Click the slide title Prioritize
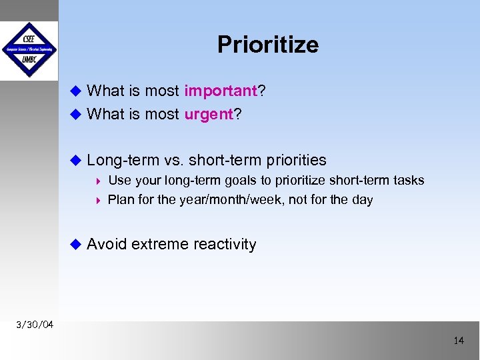tap(268, 45)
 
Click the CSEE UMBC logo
tap(29, 51)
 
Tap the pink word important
tap(221, 91)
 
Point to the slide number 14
tap(458, 341)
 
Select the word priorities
tap(297, 161)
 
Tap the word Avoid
tap(107, 245)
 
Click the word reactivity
tap(225, 245)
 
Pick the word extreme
tap(160, 245)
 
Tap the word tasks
tap(407, 180)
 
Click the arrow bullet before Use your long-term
tap(99, 181)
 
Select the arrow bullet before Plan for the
tap(99, 200)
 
